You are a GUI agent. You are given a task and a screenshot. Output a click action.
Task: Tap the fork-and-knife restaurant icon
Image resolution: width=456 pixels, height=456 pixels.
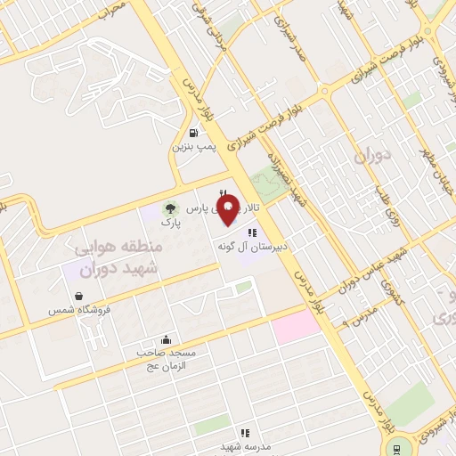tap(224, 194)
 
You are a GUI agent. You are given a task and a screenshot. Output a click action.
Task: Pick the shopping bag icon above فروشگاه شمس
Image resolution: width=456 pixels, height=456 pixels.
tap(80, 297)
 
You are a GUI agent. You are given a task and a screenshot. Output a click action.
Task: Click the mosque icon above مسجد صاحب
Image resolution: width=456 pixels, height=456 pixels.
tap(166, 339)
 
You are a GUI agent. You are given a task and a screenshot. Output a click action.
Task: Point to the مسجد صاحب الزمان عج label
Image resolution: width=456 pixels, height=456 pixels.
tap(166, 360)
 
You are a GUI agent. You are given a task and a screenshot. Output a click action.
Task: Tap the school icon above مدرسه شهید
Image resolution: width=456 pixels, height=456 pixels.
tap(238, 432)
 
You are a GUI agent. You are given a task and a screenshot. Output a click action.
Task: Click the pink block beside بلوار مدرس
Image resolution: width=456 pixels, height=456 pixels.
tap(296, 327)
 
